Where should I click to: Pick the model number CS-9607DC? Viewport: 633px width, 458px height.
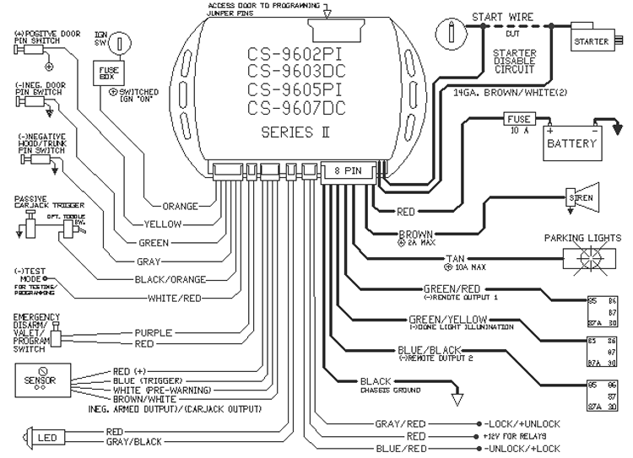click(295, 108)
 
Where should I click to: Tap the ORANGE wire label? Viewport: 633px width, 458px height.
click(180, 205)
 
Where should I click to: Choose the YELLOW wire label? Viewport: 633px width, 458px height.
click(163, 224)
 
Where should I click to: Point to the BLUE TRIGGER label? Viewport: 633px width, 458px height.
click(135, 380)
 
